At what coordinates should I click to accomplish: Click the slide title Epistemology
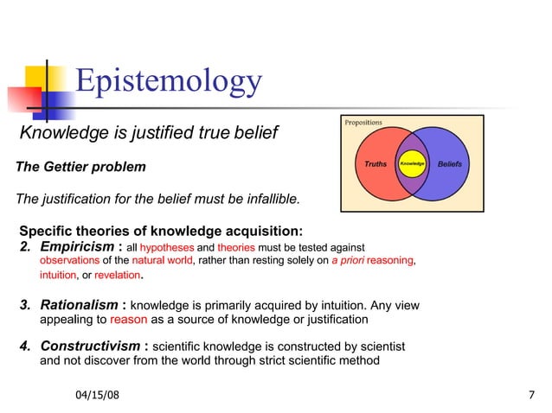[168, 80]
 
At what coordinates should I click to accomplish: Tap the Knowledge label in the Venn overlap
[411, 163]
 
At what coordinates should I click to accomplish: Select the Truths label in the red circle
[375, 163]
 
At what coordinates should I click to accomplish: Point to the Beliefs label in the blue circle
[450, 163]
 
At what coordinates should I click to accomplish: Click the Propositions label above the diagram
[363, 123]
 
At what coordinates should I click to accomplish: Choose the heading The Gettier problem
[81, 166]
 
